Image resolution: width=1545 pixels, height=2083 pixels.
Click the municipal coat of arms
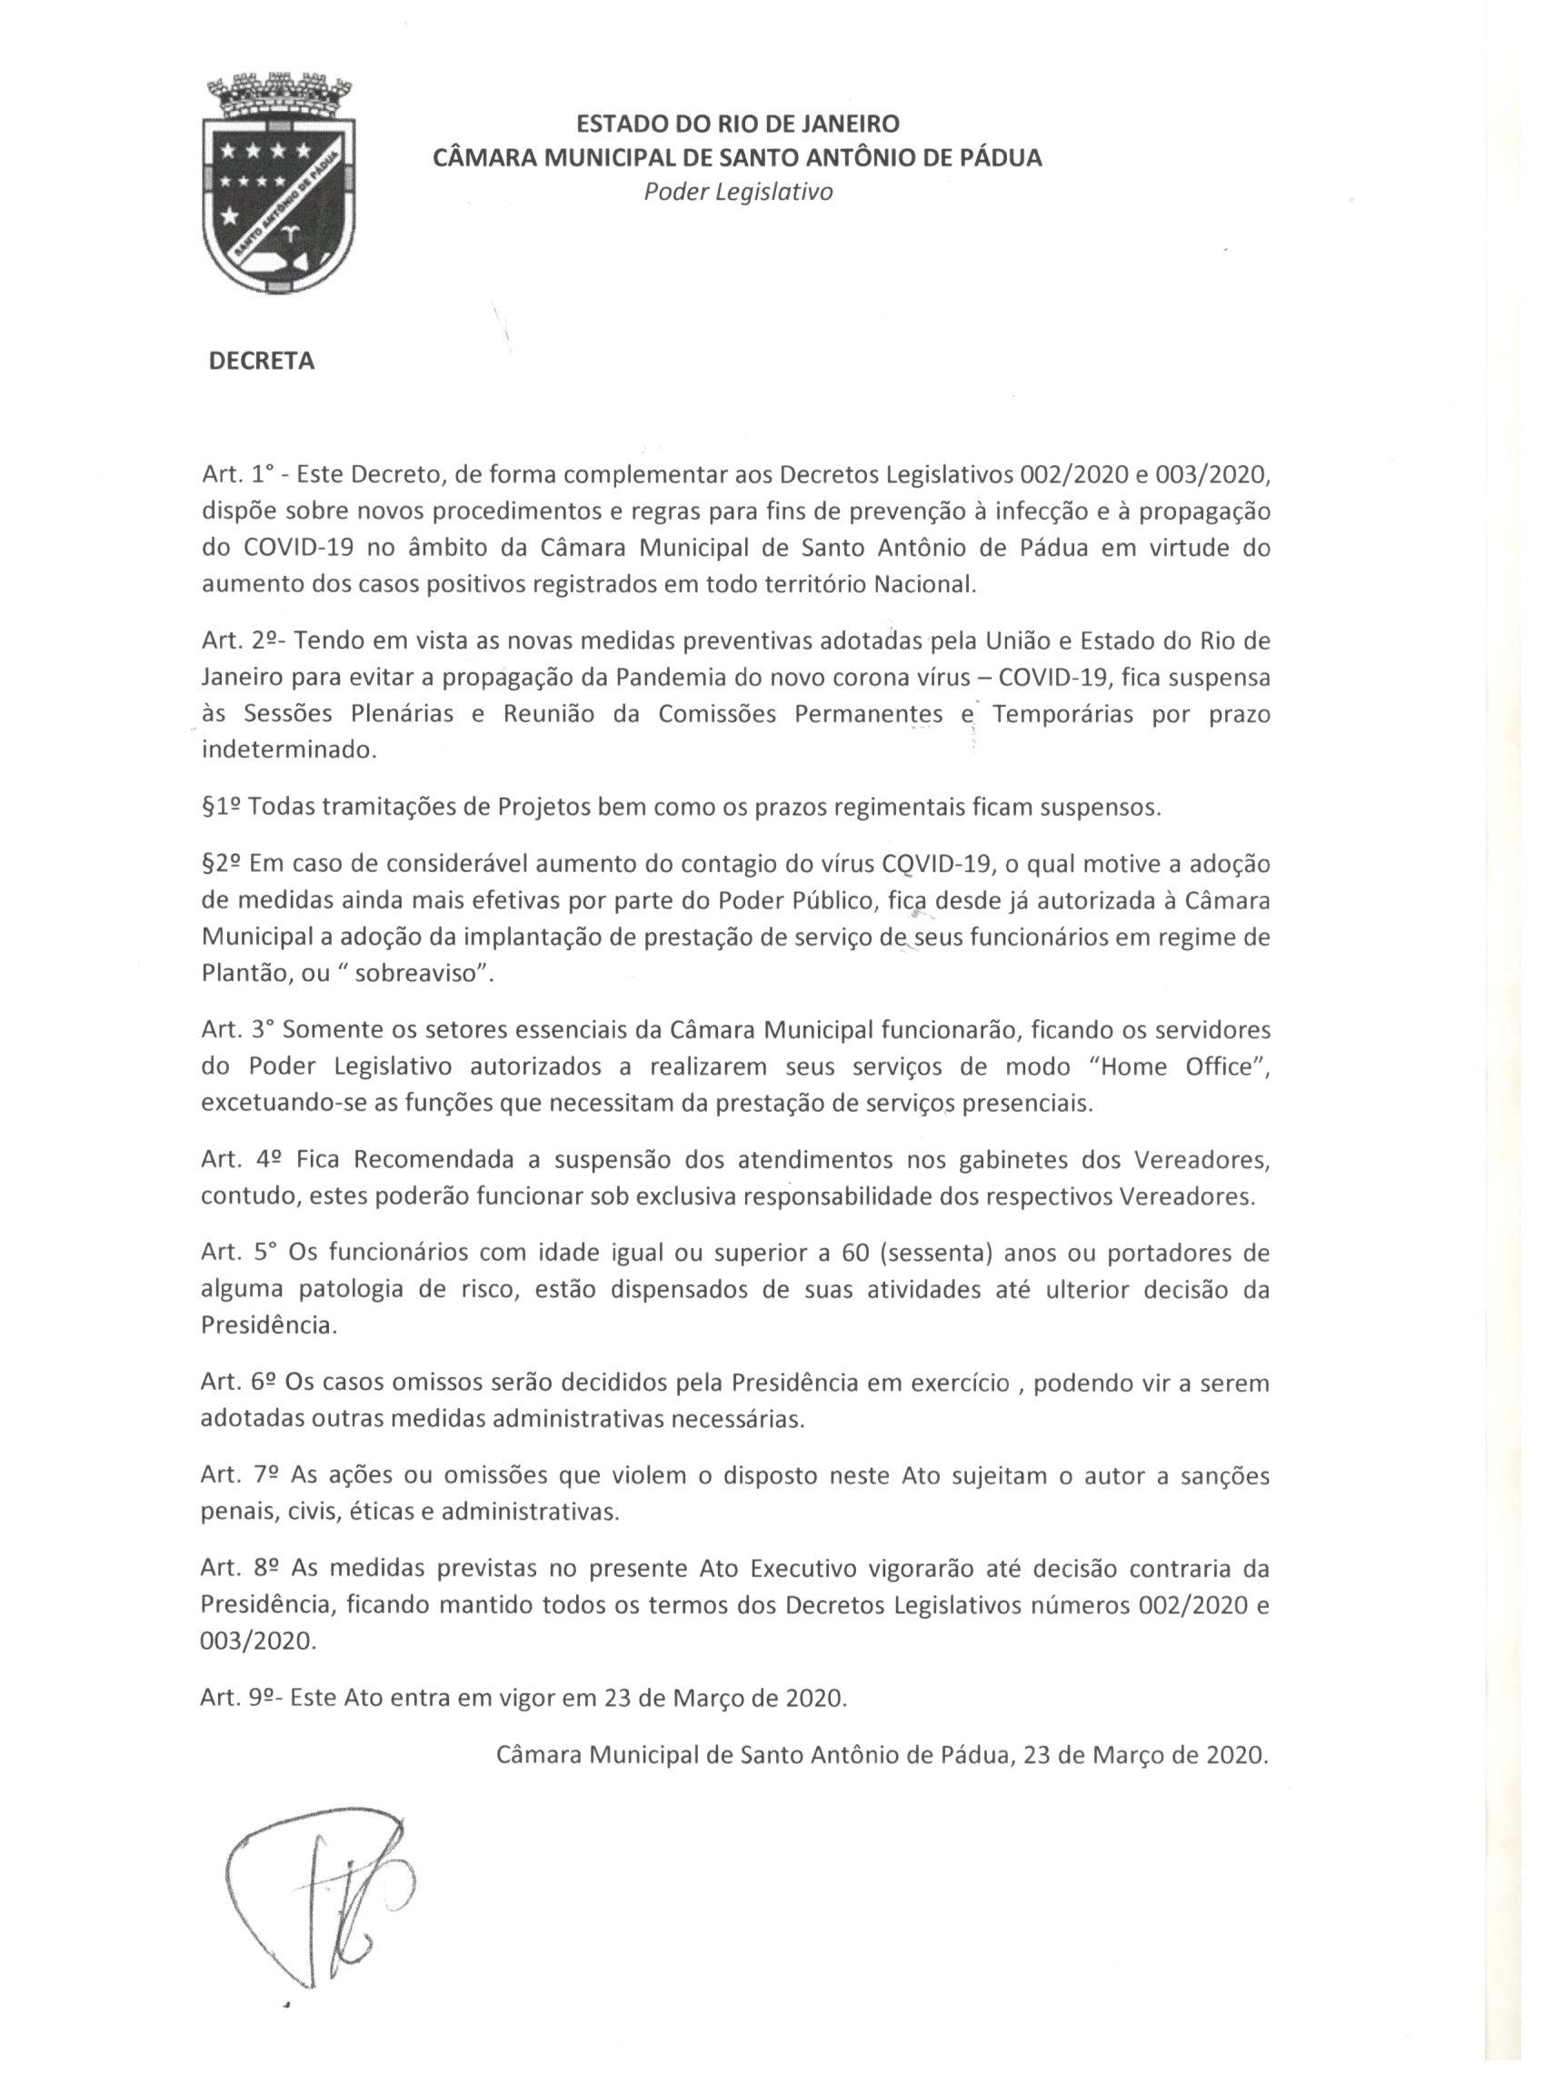click(280, 184)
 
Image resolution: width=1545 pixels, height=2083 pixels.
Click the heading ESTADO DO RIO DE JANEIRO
click(737, 124)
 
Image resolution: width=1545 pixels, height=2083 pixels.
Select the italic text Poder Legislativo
click(738, 193)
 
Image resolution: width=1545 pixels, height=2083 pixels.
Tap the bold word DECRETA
click(261, 362)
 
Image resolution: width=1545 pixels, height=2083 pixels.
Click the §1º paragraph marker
click(222, 808)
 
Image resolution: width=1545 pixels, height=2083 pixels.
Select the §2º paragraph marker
click(222, 864)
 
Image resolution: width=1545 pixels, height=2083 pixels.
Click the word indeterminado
click(289, 750)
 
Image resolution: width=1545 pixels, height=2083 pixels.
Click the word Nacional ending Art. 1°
click(924, 585)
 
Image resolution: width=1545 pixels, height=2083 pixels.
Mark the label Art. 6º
click(236, 1382)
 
